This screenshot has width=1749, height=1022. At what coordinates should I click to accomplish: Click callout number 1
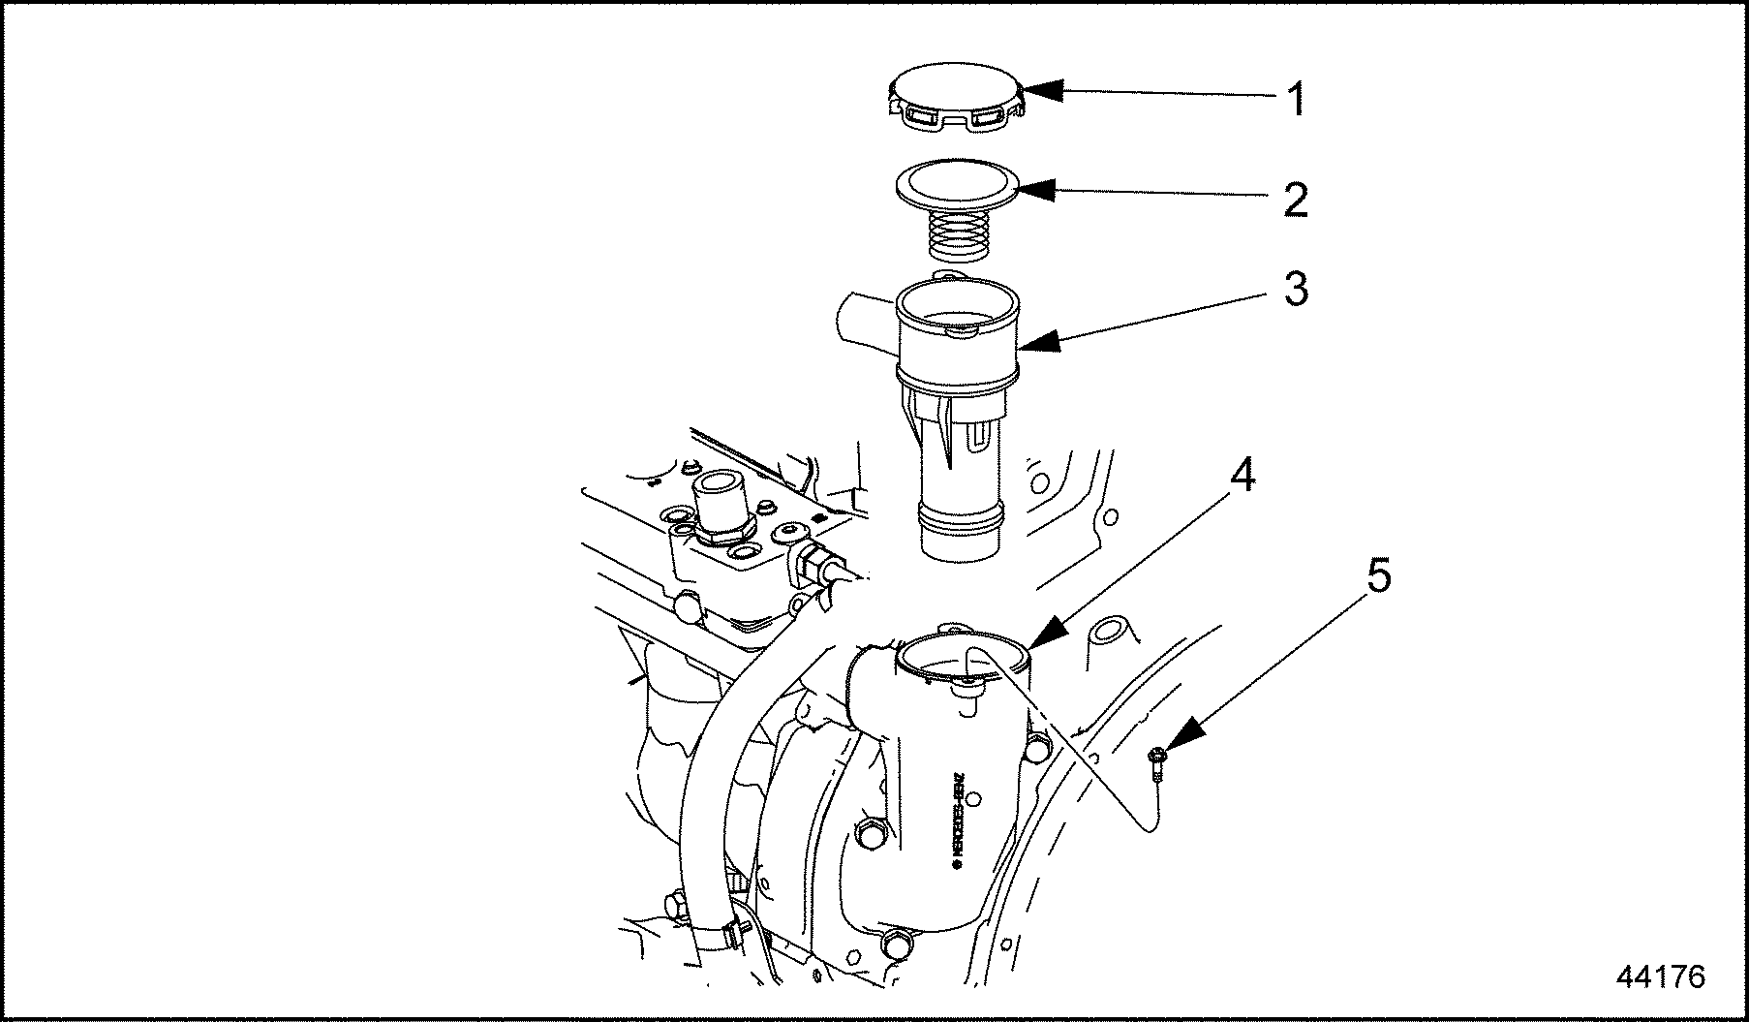point(1296,100)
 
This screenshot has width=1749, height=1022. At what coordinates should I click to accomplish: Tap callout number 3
point(1296,288)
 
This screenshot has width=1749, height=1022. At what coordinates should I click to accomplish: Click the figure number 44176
point(1660,976)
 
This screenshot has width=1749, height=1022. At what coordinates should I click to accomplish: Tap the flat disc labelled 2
point(957,183)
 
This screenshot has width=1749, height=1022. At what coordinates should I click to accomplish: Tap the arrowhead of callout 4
point(1046,635)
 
